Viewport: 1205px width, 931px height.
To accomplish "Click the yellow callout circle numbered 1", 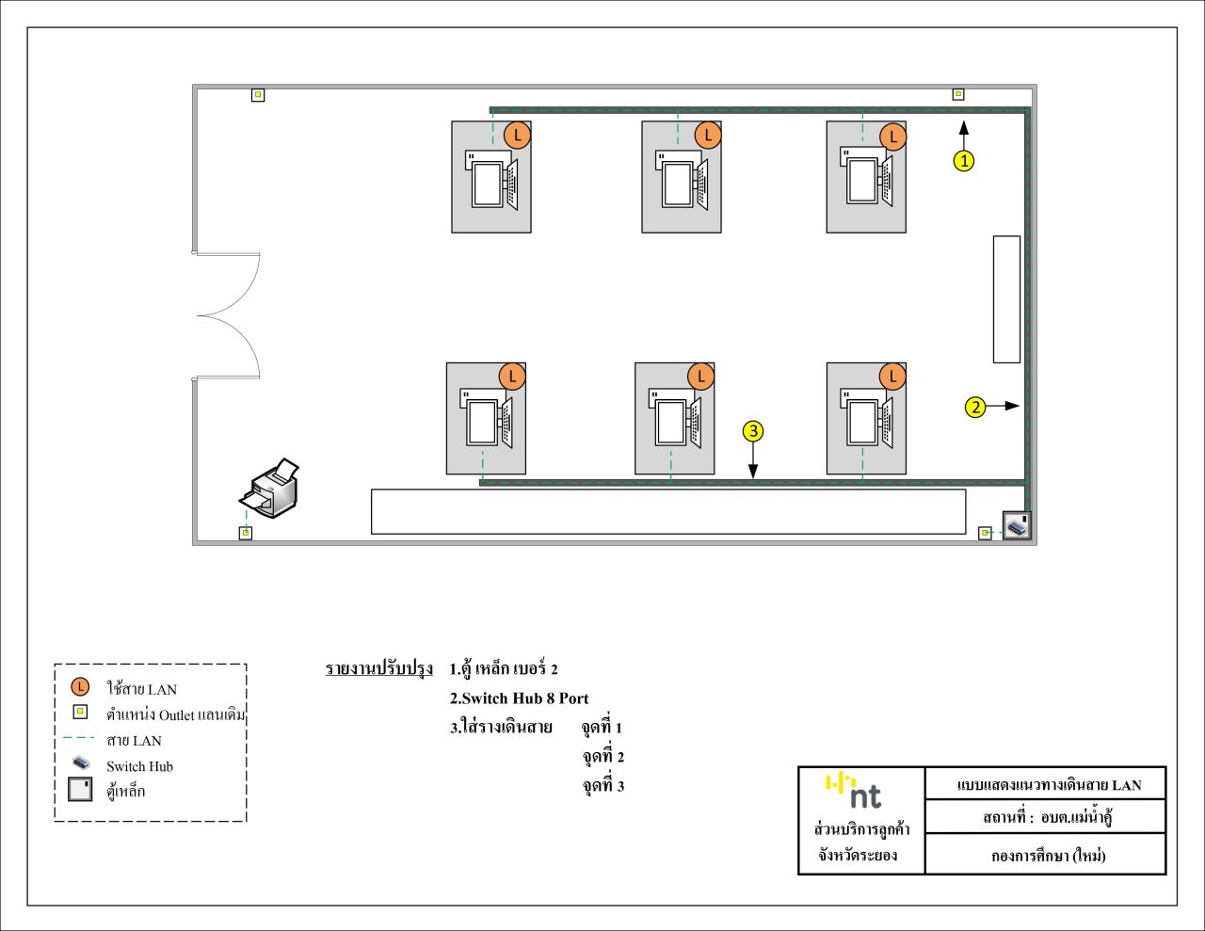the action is click(964, 161).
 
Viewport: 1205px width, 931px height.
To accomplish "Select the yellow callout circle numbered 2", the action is click(975, 407).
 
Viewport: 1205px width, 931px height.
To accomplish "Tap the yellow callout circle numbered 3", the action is click(753, 431).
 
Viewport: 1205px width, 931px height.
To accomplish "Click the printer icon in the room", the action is click(270, 488).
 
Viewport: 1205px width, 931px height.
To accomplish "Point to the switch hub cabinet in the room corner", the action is click(1017, 524).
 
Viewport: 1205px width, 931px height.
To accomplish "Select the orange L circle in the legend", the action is click(80, 687).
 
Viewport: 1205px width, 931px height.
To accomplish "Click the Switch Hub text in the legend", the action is click(139, 766).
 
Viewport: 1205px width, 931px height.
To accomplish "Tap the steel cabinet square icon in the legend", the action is click(80, 790).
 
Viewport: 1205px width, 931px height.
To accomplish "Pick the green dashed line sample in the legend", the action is click(79, 738).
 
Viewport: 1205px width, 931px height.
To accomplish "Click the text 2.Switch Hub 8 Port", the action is click(519, 698).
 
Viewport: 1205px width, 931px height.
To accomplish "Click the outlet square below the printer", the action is click(245, 533).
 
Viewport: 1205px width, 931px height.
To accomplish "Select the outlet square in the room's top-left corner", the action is click(258, 95).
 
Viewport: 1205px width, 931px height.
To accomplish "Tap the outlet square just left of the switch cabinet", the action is click(985, 533).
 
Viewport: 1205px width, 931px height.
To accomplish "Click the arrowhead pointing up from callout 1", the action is click(964, 127).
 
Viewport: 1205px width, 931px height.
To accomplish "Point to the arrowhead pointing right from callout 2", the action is click(1012, 406).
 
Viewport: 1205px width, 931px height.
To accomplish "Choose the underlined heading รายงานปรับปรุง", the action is click(378, 668).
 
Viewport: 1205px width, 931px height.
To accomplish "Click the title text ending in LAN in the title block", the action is click(1049, 785).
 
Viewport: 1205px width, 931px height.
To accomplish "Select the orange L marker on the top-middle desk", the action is click(708, 135).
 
